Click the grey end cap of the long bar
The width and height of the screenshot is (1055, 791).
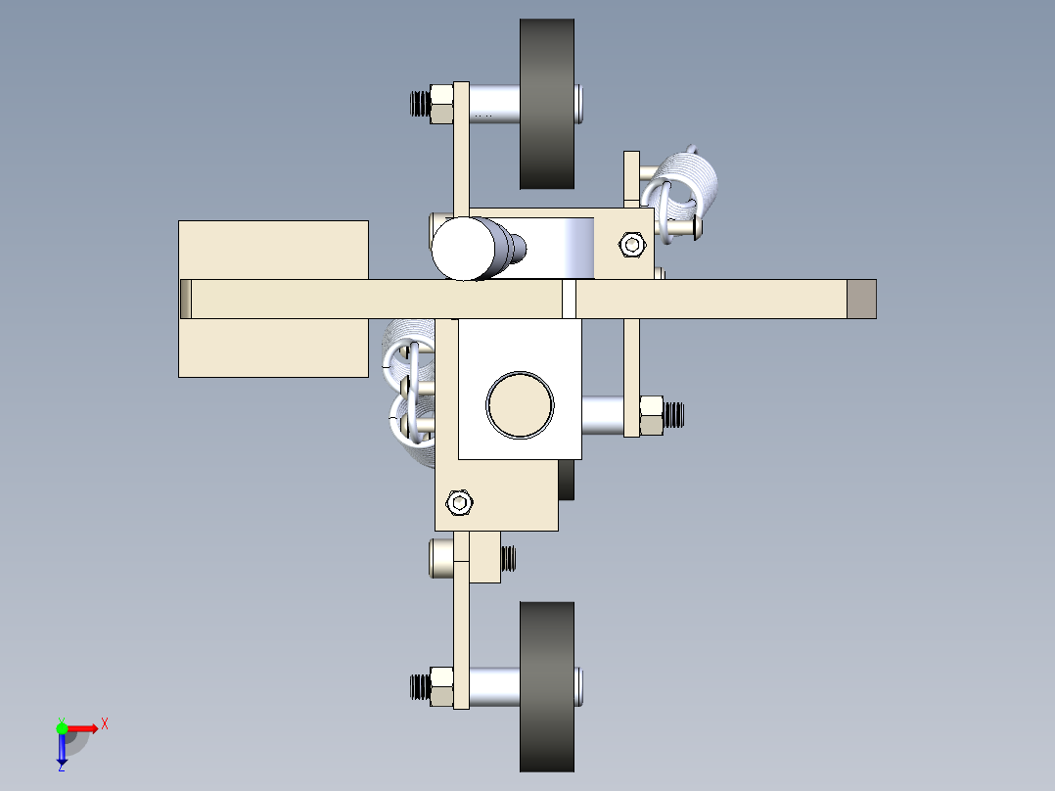tap(861, 299)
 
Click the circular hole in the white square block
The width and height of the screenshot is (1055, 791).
tap(520, 403)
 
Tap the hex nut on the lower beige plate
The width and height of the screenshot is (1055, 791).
tap(459, 502)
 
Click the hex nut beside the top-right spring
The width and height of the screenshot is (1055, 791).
tap(632, 244)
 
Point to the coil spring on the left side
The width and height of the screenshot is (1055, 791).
tap(406, 392)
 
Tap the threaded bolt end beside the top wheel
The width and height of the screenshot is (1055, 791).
tap(419, 103)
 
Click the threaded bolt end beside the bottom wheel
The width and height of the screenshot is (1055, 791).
tap(419, 686)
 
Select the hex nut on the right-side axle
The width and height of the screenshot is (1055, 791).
tap(651, 415)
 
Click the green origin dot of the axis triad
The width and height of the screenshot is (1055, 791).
tap(62, 727)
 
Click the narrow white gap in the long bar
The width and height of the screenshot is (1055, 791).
tap(569, 299)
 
